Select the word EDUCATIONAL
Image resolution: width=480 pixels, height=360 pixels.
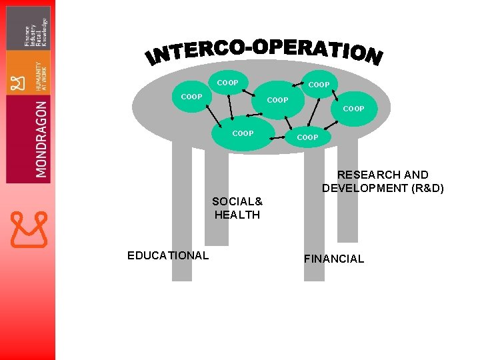168,255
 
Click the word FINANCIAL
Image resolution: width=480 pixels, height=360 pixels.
334,259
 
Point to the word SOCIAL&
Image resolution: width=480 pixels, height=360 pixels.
237,201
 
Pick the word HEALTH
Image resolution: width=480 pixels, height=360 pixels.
237,215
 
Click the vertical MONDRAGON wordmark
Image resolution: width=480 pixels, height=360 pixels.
41,139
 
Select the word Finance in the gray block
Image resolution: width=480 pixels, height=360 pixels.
28,36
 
